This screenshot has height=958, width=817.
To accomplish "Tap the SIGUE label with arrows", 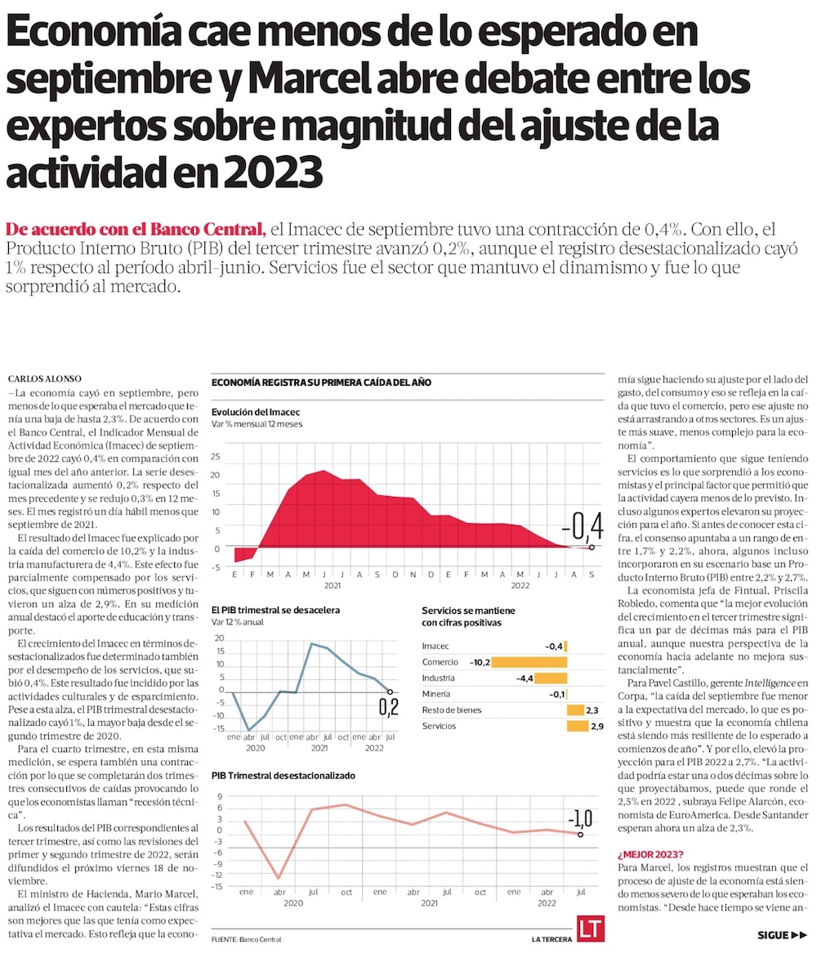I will [x=782, y=935].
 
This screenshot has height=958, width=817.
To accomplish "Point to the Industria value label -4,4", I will [x=525, y=678].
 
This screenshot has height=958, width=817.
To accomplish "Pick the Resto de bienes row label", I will [x=452, y=710].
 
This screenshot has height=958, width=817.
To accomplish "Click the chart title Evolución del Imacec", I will [x=255, y=411].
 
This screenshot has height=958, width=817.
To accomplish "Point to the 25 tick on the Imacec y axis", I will [x=216, y=457].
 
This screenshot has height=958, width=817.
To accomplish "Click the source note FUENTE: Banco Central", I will [x=246, y=939].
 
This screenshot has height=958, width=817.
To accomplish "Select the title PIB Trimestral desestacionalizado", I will [x=283, y=775].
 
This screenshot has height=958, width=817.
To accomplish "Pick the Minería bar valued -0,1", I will [x=566, y=694].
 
